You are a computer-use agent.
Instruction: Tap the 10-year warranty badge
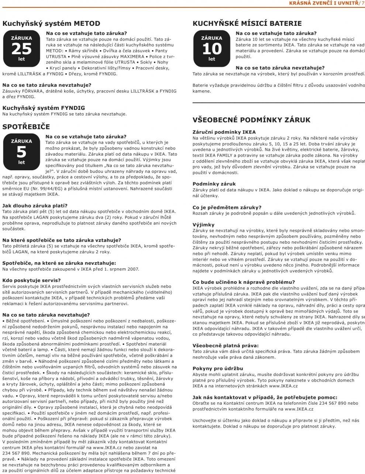coord(211,49)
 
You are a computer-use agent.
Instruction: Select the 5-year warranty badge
coord(21,152)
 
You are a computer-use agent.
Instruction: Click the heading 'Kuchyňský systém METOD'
coord(51,24)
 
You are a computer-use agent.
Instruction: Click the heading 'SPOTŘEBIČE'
coord(26,127)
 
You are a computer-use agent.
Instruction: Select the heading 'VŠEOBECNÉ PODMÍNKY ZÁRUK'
coord(251,120)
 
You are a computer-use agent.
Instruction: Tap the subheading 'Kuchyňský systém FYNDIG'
coord(44,108)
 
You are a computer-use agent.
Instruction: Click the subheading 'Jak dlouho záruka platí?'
coord(35,206)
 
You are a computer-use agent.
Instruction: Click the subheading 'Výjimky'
coord(203,224)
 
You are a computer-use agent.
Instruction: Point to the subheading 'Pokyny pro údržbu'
coord(218,369)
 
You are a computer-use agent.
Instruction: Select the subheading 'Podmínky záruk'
coord(214,184)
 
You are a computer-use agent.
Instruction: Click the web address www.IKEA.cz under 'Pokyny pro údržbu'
coord(284,386)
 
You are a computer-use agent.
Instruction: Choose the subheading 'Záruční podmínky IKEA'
coord(224,132)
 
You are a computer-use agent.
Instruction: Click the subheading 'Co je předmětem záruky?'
coord(227,208)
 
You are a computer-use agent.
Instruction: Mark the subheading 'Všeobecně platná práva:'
coord(225,346)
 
